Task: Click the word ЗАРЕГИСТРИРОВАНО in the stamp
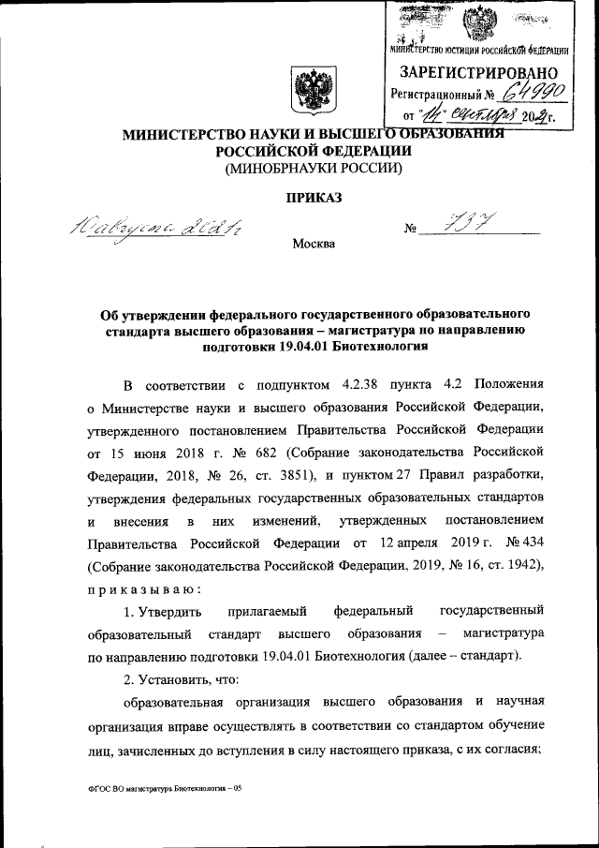tap(479, 72)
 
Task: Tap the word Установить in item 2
tap(169, 678)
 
